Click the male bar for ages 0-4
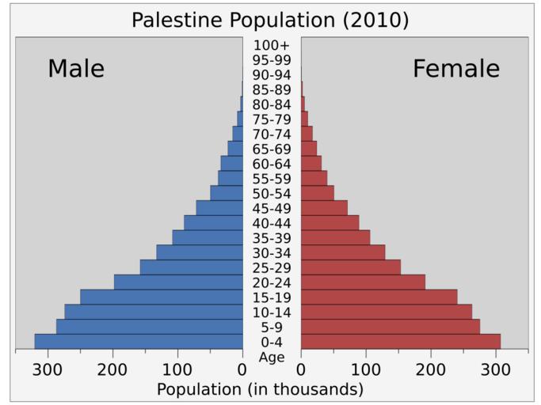139,341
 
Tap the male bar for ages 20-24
178,282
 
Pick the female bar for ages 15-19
379,297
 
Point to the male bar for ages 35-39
208,237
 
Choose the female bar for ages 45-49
324,208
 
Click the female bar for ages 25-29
350,267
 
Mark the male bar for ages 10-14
154,312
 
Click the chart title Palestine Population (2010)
270,20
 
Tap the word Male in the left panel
76,69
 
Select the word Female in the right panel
456,69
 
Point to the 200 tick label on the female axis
431,369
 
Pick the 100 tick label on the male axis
178,369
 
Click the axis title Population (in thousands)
260,389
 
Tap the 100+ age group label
272,45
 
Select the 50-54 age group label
272,194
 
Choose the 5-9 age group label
272,327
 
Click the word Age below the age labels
272,357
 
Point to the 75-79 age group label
272,119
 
